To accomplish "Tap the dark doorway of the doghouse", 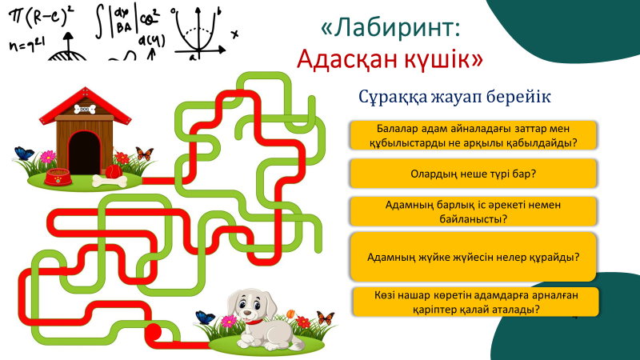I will [83, 151].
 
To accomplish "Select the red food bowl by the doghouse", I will [57, 177].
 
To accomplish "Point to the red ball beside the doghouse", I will [113, 170].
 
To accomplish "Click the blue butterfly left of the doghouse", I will [24, 153].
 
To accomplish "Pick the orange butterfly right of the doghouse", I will [144, 153].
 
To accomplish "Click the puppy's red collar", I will [256, 322].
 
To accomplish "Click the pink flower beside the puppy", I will [230, 322].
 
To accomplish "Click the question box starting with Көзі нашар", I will [476, 302].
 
